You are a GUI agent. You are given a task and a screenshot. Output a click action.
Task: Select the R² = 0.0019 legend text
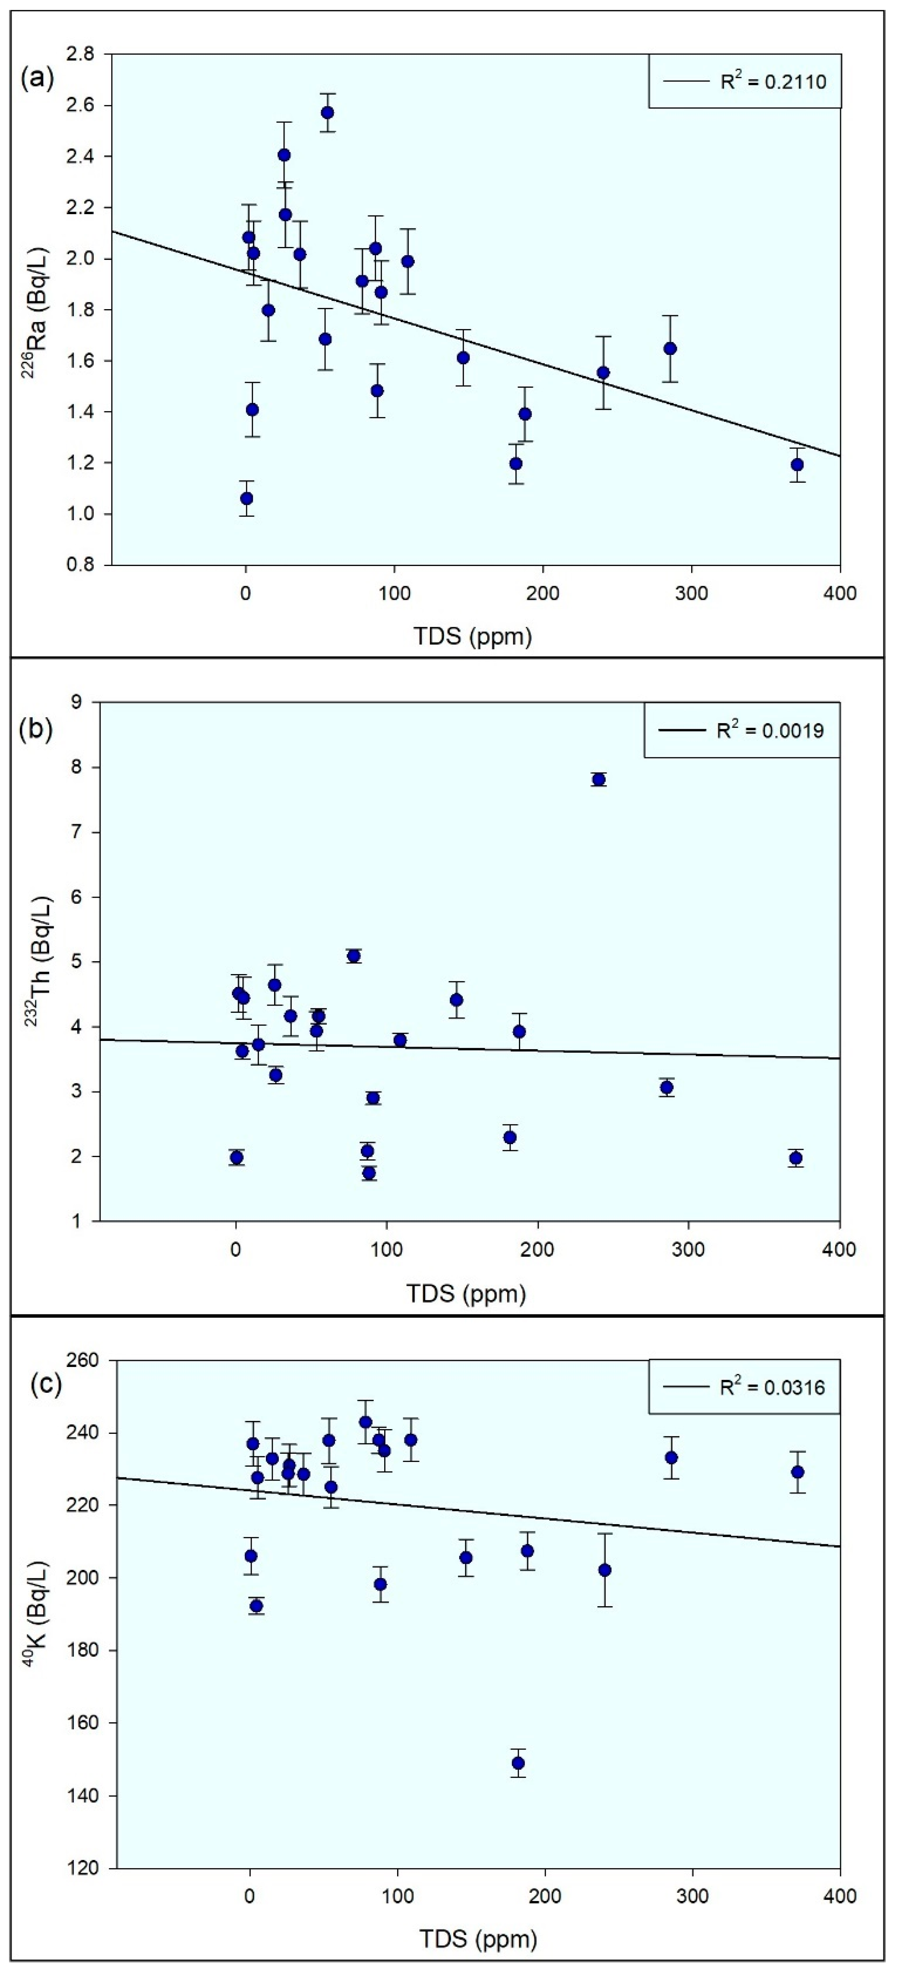[x=770, y=730]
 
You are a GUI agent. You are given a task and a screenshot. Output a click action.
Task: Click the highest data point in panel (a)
[x=327, y=113]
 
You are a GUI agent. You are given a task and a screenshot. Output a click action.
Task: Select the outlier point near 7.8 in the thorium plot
[x=599, y=779]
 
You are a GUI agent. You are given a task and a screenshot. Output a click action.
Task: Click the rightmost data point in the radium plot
[x=797, y=465]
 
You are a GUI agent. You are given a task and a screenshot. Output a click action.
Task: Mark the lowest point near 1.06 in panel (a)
[x=246, y=498]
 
